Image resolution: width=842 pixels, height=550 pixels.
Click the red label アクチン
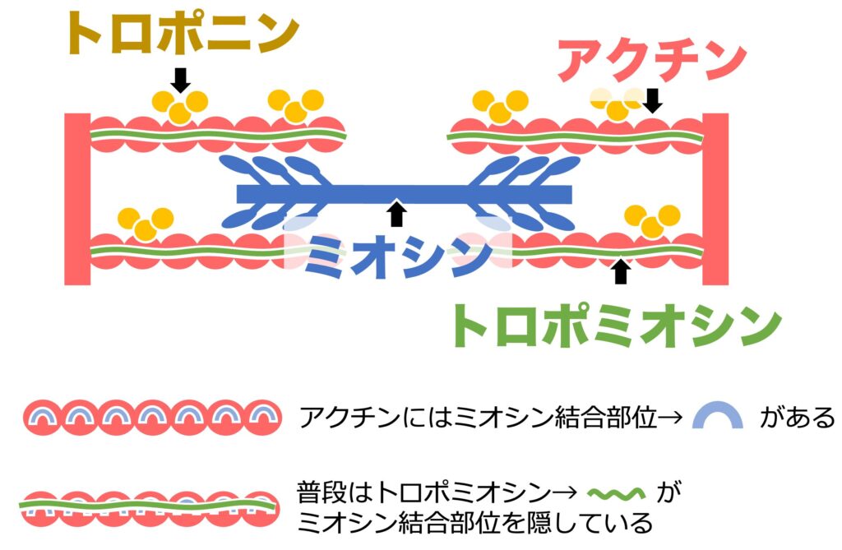click(x=651, y=60)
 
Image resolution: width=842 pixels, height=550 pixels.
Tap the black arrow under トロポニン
click(x=181, y=79)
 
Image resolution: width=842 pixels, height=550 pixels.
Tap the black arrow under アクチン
click(x=653, y=101)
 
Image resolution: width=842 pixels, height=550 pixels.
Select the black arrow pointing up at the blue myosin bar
click(x=397, y=213)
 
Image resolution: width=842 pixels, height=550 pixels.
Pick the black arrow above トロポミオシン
click(x=622, y=271)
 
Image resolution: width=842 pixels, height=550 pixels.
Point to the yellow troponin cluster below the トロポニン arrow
click(x=180, y=104)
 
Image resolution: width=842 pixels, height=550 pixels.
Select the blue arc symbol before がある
click(x=715, y=417)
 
